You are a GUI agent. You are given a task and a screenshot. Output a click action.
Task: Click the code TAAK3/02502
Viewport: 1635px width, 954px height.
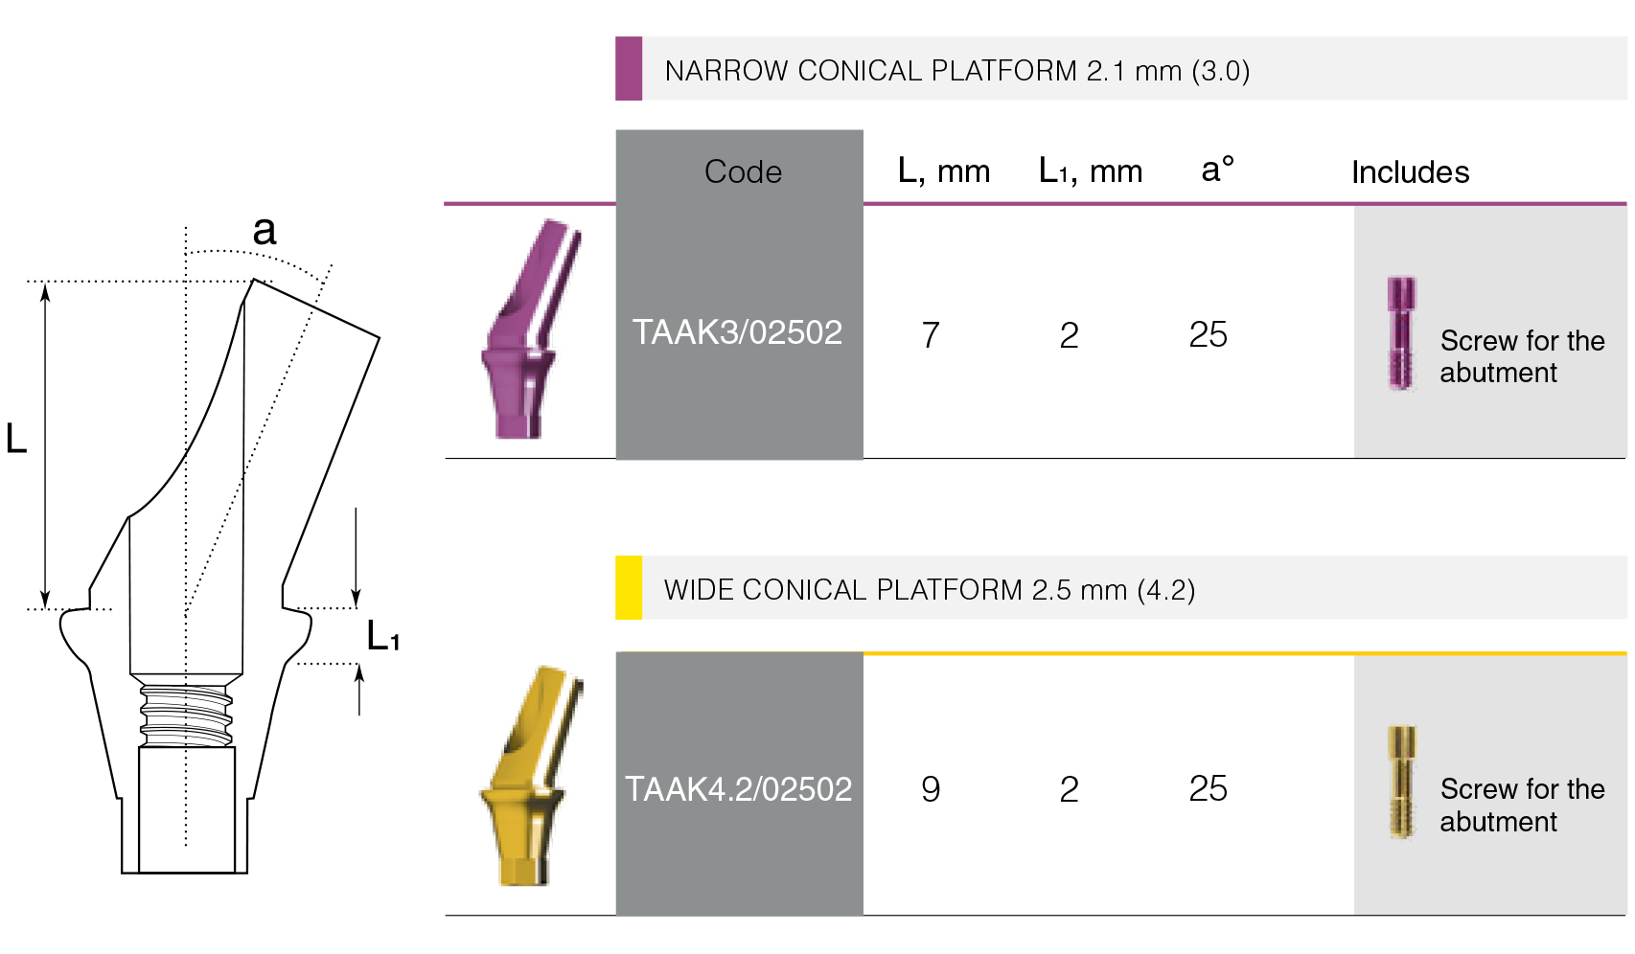(737, 332)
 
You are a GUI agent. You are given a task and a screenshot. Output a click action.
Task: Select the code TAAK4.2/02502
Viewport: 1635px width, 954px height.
(739, 789)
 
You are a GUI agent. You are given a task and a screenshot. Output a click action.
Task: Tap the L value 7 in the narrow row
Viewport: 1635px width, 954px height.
(931, 335)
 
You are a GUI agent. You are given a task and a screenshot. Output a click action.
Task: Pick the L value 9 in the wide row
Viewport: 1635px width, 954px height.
(931, 789)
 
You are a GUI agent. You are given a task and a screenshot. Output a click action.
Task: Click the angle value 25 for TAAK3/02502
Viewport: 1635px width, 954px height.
(1208, 335)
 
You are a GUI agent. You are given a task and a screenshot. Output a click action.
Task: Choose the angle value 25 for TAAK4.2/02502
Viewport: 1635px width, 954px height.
(1208, 788)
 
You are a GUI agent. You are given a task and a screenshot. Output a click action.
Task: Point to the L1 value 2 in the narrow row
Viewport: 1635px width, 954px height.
(1070, 335)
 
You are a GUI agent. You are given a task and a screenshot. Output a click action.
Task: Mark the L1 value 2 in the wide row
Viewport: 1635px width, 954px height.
(1070, 789)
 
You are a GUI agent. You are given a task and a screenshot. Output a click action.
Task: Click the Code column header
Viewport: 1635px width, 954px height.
(743, 172)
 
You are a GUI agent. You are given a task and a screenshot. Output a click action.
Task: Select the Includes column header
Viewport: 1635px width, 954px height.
(1410, 172)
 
